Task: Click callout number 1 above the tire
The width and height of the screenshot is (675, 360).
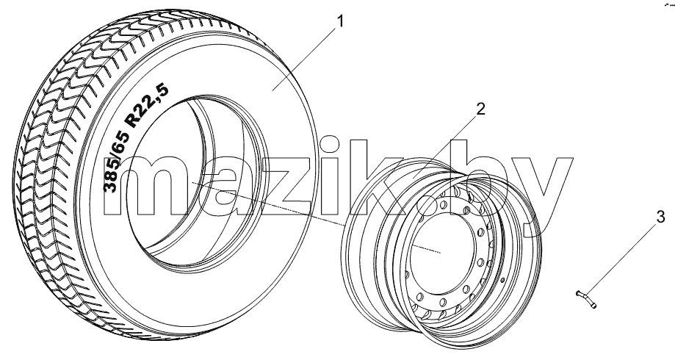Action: [x=340, y=21]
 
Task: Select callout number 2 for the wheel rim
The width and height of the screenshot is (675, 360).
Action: [x=480, y=109]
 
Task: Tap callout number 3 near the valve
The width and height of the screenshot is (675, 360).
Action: [x=661, y=217]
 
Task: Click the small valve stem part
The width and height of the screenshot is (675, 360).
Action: [x=586, y=300]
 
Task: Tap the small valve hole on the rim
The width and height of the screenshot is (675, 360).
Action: [x=502, y=281]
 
